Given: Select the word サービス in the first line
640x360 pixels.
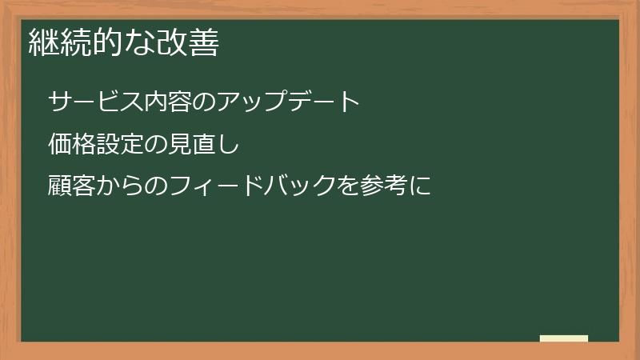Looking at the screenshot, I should (97, 102).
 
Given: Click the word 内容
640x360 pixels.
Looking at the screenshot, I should (169, 102).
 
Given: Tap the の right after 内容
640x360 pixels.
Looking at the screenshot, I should (205, 102).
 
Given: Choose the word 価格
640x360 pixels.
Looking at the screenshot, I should (73, 145).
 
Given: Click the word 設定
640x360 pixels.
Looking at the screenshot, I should (121, 145).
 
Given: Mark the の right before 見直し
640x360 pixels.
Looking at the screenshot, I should (157, 145).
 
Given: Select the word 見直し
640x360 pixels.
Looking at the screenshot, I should (205, 145).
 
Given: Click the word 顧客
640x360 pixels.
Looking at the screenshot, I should (73, 187).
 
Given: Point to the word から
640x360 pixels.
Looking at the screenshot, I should (121, 187).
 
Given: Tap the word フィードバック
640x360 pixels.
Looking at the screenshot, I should (253, 187).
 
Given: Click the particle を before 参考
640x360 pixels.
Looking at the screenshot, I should (349, 187).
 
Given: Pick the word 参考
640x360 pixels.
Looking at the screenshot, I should (385, 187).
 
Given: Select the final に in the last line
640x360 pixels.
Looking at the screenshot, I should (421, 187).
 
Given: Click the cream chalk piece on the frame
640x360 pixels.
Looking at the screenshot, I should (564, 338).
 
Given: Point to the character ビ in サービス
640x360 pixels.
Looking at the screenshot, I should (109, 102).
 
